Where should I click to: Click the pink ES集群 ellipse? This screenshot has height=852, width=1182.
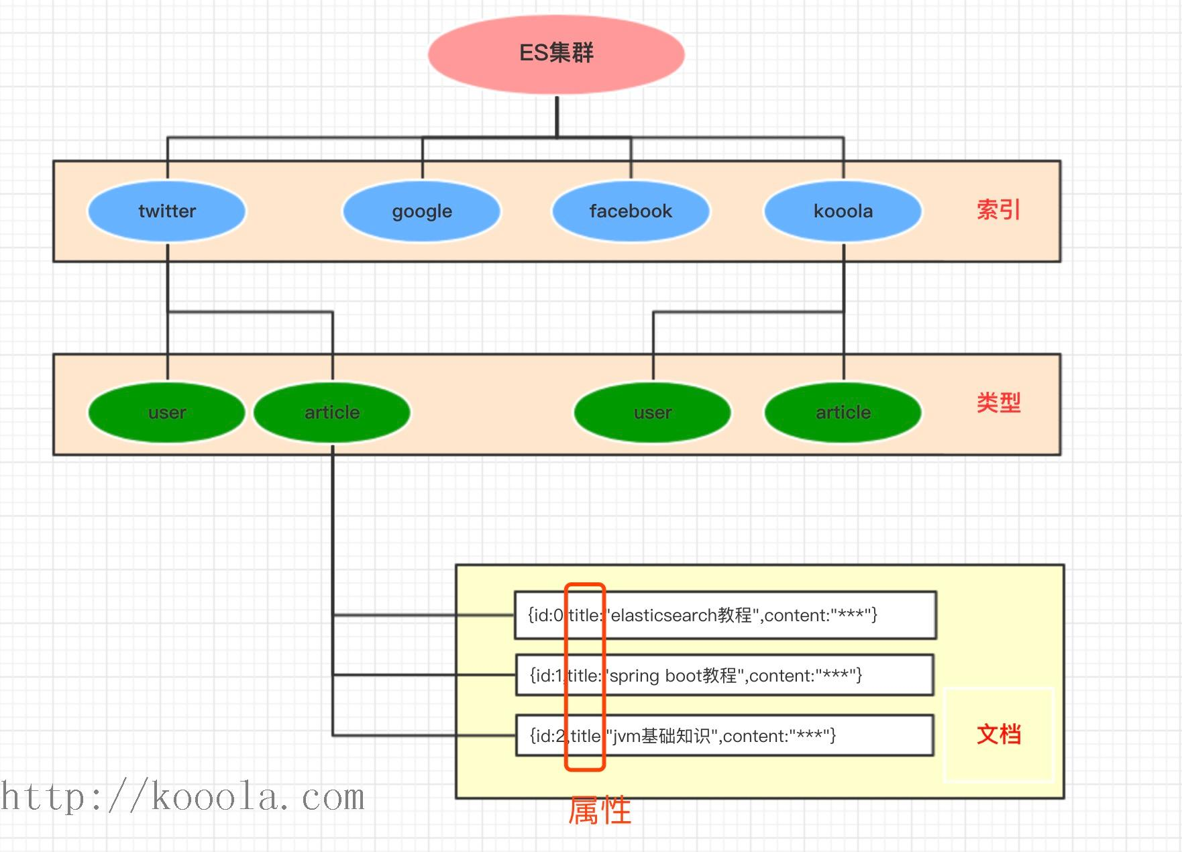coord(556,54)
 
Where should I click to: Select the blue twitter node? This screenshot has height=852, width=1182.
coord(166,211)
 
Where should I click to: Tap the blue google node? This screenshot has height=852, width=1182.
coord(421,211)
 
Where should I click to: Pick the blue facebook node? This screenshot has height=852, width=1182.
coord(630,211)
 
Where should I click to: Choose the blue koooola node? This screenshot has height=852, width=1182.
coord(843,211)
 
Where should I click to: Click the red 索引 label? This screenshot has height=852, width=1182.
coord(998,210)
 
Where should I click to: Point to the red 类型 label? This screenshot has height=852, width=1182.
coord(998,403)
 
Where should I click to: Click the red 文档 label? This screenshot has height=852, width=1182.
coord(998,735)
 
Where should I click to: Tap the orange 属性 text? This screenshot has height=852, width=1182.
coord(600,810)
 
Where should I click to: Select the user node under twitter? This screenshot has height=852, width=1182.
coord(166,413)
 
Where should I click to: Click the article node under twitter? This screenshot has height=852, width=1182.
coord(332,413)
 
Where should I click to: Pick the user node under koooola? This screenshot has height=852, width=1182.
coord(652,413)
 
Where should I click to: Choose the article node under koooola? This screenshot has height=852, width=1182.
coord(843,413)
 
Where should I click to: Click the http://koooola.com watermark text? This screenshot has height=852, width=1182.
coord(182,798)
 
